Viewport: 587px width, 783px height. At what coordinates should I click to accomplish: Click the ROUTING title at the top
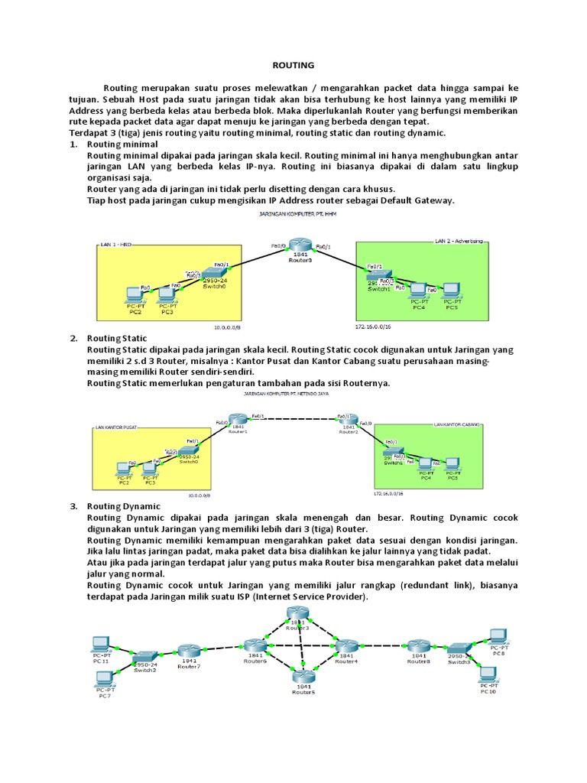point(294,67)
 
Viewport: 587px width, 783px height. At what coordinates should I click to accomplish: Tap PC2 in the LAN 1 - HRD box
point(135,294)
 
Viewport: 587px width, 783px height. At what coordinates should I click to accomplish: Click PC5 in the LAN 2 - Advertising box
point(452,291)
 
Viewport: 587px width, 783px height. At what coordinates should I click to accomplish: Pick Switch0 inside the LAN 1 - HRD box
point(213,272)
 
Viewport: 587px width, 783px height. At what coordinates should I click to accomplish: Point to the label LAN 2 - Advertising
point(459,240)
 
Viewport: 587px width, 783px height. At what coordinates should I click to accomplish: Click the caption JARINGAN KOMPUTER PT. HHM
point(294,216)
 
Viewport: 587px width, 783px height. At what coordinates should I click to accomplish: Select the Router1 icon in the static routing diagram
point(238,422)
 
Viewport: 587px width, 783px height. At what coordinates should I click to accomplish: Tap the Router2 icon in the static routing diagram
point(349,421)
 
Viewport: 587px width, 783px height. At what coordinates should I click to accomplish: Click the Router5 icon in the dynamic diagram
point(303,675)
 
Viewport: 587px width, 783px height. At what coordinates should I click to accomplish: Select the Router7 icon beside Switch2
point(189,653)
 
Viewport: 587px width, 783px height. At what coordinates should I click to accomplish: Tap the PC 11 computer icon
point(100,643)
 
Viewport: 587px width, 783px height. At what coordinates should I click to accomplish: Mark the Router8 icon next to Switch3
point(418,648)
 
